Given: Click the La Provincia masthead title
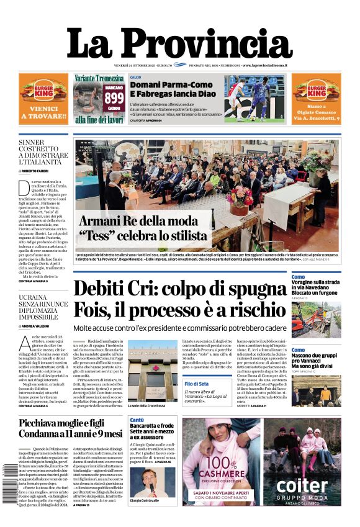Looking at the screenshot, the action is click(179, 42).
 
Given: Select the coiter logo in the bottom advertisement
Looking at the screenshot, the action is click(302, 485).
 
